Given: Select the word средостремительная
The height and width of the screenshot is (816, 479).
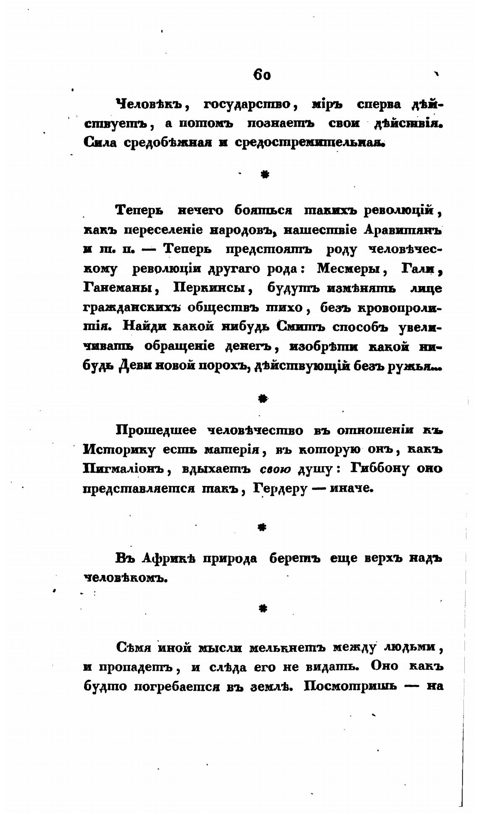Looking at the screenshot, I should [x=309, y=143].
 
